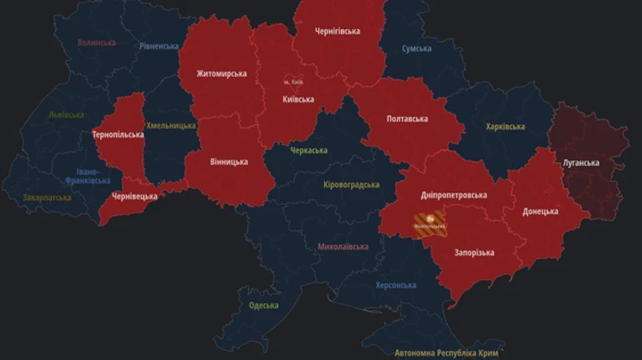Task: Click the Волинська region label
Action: coord(97,42)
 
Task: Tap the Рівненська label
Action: coord(159,47)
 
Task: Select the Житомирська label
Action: coord(221,73)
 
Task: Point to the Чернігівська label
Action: coord(338,31)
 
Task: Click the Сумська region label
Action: coord(416,49)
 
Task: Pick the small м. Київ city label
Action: coord(293,82)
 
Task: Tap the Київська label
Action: coord(298,99)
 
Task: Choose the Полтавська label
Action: coord(407,119)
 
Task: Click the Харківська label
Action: coord(505,127)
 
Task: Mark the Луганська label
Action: coord(580,162)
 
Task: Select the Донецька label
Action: coord(540,212)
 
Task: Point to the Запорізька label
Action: coord(474,252)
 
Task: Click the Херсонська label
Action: coord(395,285)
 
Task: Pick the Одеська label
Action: coord(263,306)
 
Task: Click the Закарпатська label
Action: coord(48,197)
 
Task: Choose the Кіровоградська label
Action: coord(351,185)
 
